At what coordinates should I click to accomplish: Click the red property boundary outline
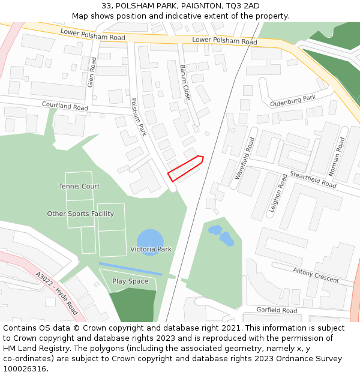click(185, 169)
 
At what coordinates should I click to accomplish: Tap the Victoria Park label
click(151, 249)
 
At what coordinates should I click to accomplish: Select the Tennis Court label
click(79, 187)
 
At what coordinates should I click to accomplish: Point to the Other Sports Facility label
click(80, 214)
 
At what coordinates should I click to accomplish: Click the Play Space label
click(130, 281)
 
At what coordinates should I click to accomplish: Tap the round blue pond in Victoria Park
click(149, 239)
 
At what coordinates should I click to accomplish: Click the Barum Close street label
click(185, 82)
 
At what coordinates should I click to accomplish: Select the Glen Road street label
click(92, 73)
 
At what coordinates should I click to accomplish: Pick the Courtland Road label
click(65, 106)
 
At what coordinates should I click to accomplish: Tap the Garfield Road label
click(277, 311)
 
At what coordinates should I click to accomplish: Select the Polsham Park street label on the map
click(139, 117)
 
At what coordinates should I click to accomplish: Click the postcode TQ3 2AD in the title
click(243, 6)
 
